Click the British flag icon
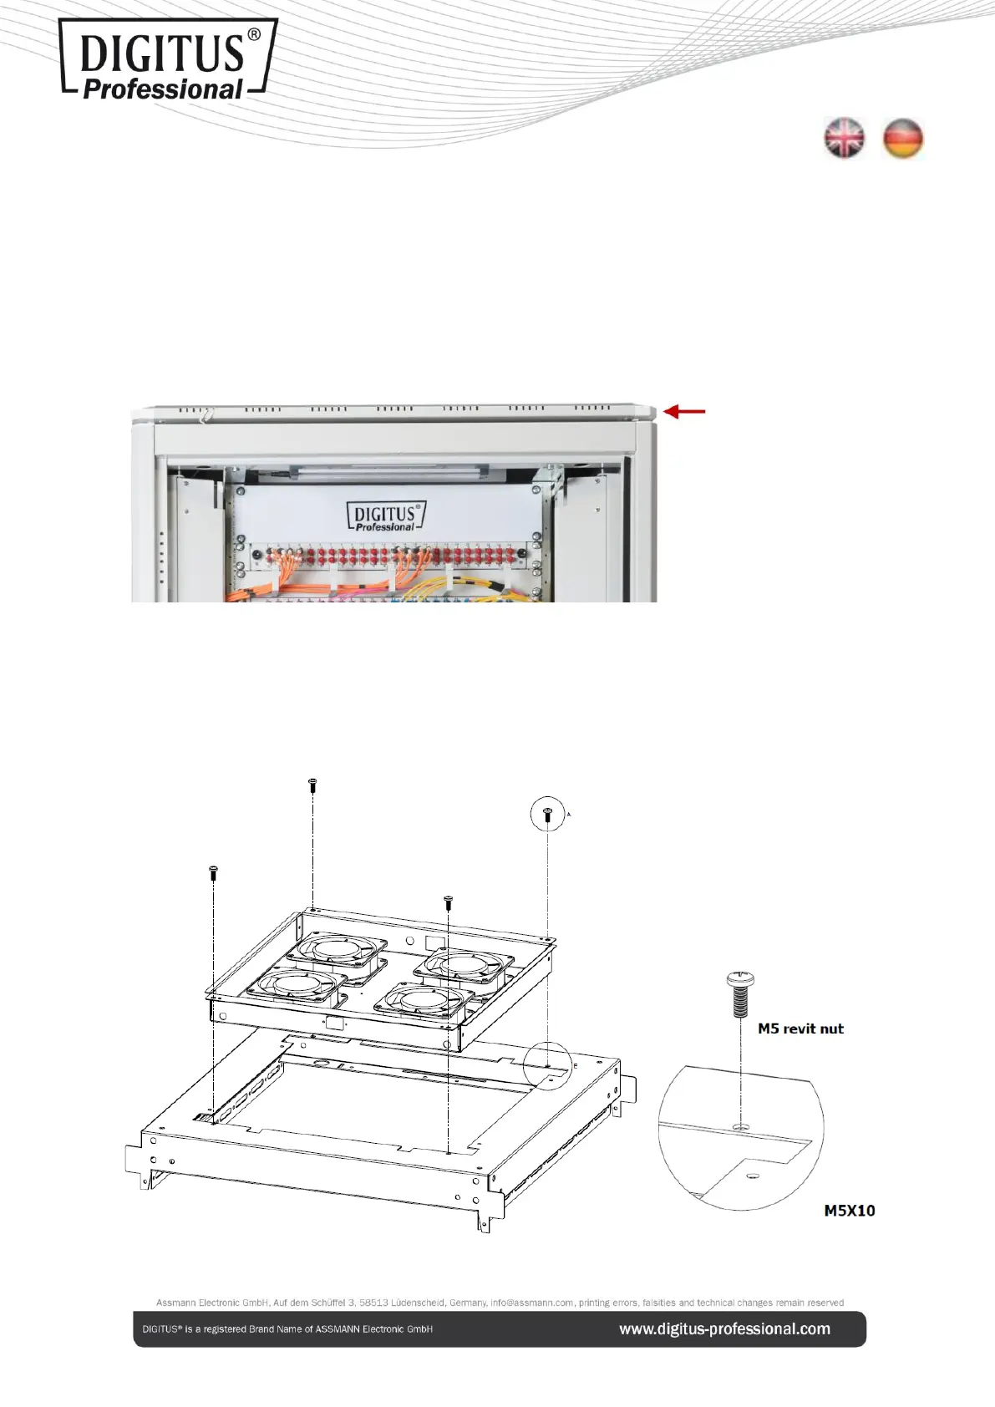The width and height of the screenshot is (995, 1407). point(845,138)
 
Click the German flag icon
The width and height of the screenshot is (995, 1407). point(902,138)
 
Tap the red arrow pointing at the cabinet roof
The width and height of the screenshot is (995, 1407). point(685,412)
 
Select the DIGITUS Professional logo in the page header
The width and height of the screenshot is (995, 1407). point(168,58)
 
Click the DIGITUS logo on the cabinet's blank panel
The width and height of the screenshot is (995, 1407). point(386,516)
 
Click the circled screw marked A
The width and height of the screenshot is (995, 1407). point(548,814)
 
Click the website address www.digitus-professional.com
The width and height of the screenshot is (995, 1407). point(725,1328)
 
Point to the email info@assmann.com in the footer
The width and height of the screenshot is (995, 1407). point(532,1302)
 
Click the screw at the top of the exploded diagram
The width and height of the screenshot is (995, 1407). point(312,785)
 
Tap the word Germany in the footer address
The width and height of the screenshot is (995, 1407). point(467,1303)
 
